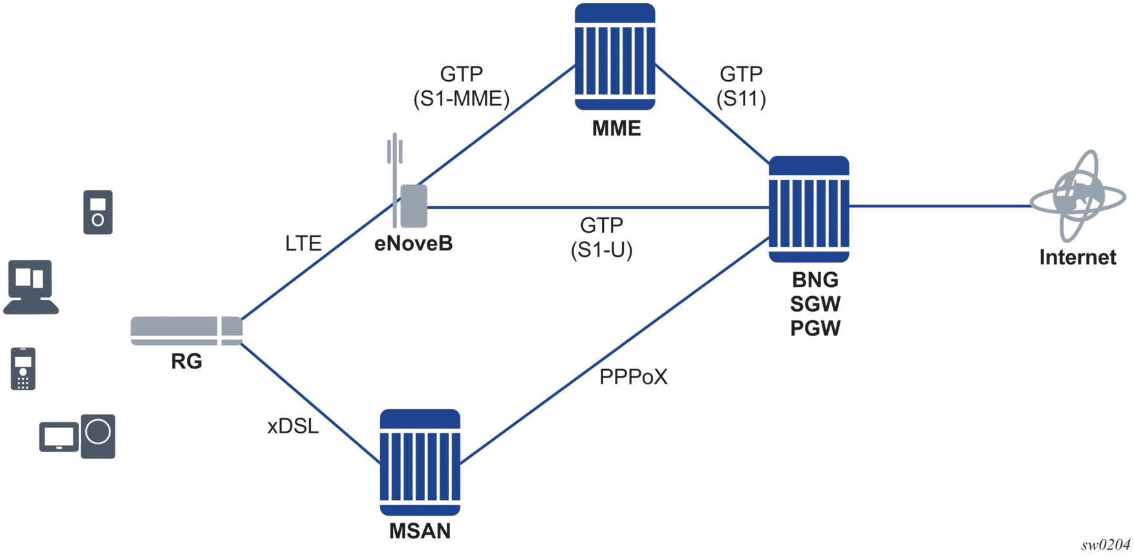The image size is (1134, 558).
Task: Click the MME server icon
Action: pos(615,57)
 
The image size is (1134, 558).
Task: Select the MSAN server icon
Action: pos(420,462)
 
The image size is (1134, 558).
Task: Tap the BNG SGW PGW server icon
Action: pos(809,209)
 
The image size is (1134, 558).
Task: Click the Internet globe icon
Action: pos(1077,197)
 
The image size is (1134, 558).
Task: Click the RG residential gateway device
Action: pos(186,330)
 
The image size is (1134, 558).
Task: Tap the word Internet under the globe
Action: pos(1077,257)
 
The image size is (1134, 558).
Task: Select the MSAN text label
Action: pos(420,531)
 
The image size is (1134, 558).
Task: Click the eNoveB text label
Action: pos(413,244)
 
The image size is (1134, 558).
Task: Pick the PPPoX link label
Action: pos(633,376)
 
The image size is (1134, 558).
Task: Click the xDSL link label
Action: pos(293,426)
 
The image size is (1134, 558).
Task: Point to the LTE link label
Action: pos(303,243)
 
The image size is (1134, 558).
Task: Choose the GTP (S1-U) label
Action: pos(601,237)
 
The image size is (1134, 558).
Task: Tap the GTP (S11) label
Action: pos(741,86)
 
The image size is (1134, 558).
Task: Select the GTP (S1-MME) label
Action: pos(461,86)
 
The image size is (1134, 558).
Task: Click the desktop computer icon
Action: pos(31,287)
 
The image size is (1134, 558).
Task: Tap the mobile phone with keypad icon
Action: pos(23,369)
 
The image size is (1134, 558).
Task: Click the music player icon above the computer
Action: pos(98,212)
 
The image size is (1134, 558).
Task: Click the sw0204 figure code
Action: pos(1106,544)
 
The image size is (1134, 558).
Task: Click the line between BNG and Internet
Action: pos(937,206)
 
